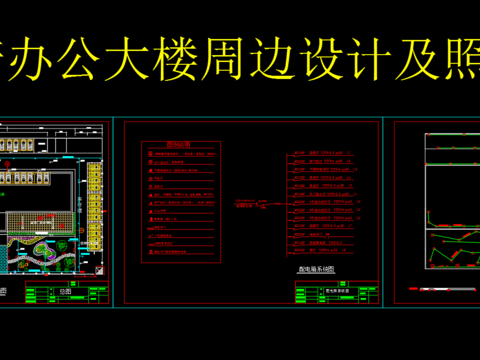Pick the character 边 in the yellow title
tap(333, 59)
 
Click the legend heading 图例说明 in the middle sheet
tap(179, 143)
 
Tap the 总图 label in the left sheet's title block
tap(67, 291)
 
